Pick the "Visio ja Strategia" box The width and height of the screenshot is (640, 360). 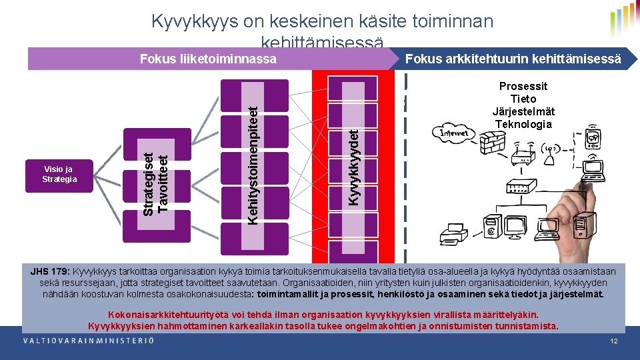click(x=59, y=175)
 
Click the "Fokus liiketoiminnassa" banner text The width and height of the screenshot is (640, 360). click(x=208, y=59)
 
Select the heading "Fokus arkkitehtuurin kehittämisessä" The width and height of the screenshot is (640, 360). click(x=513, y=59)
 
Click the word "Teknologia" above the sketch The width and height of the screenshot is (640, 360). click(x=523, y=124)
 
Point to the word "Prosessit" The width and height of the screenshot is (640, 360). click(x=523, y=87)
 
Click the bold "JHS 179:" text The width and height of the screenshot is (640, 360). click(x=50, y=271)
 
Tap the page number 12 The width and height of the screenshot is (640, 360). click(x=614, y=341)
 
